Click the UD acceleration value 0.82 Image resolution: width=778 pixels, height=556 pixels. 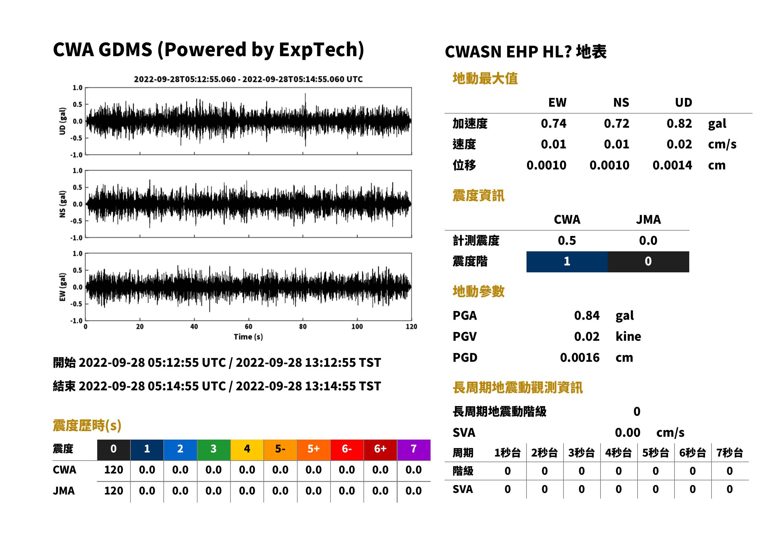point(679,124)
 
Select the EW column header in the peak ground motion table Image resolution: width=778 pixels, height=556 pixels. point(557,102)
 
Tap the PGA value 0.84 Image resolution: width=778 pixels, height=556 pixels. point(587,315)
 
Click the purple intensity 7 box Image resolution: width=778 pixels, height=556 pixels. point(414,450)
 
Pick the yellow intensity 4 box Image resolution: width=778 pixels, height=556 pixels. point(247,450)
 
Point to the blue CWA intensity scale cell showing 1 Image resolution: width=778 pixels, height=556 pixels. point(567,262)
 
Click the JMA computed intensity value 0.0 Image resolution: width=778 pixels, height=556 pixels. point(648,240)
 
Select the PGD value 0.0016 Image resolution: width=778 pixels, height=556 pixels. point(580,357)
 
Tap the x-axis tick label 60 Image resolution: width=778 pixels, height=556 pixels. point(248,326)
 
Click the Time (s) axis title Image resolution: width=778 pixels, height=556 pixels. point(248,337)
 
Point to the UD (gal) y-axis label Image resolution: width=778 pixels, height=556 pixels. point(62,121)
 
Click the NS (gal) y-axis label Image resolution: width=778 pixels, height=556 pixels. point(62,204)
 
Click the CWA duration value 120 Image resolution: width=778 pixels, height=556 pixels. point(114,470)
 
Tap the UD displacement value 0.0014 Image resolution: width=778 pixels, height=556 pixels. point(672,165)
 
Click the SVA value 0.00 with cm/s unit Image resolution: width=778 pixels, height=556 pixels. point(627,432)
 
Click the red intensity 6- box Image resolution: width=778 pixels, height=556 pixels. point(347,450)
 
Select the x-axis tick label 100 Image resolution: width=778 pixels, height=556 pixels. point(357,326)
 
